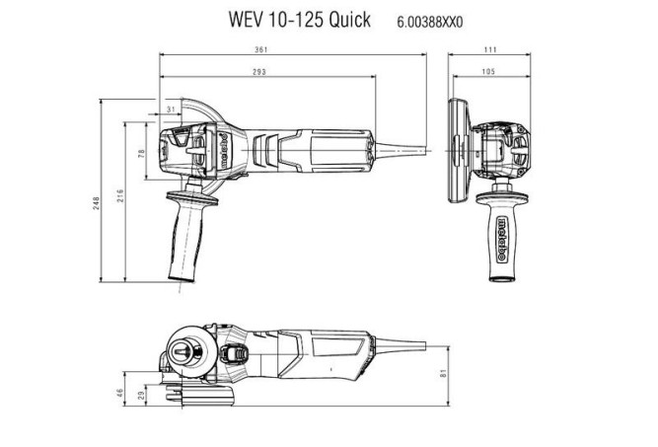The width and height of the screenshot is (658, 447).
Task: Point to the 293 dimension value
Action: pos(259,73)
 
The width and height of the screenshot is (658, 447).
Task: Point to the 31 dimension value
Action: pos(172,109)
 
